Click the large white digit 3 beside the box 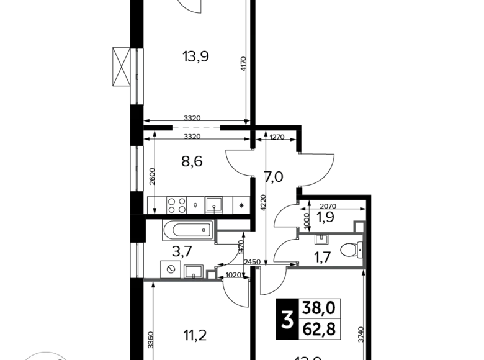[287, 320]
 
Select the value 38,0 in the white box [320, 308]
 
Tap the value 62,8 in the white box [320, 328]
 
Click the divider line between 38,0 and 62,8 [320, 318]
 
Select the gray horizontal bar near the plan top [196, 127]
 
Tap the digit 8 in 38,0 [315, 308]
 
